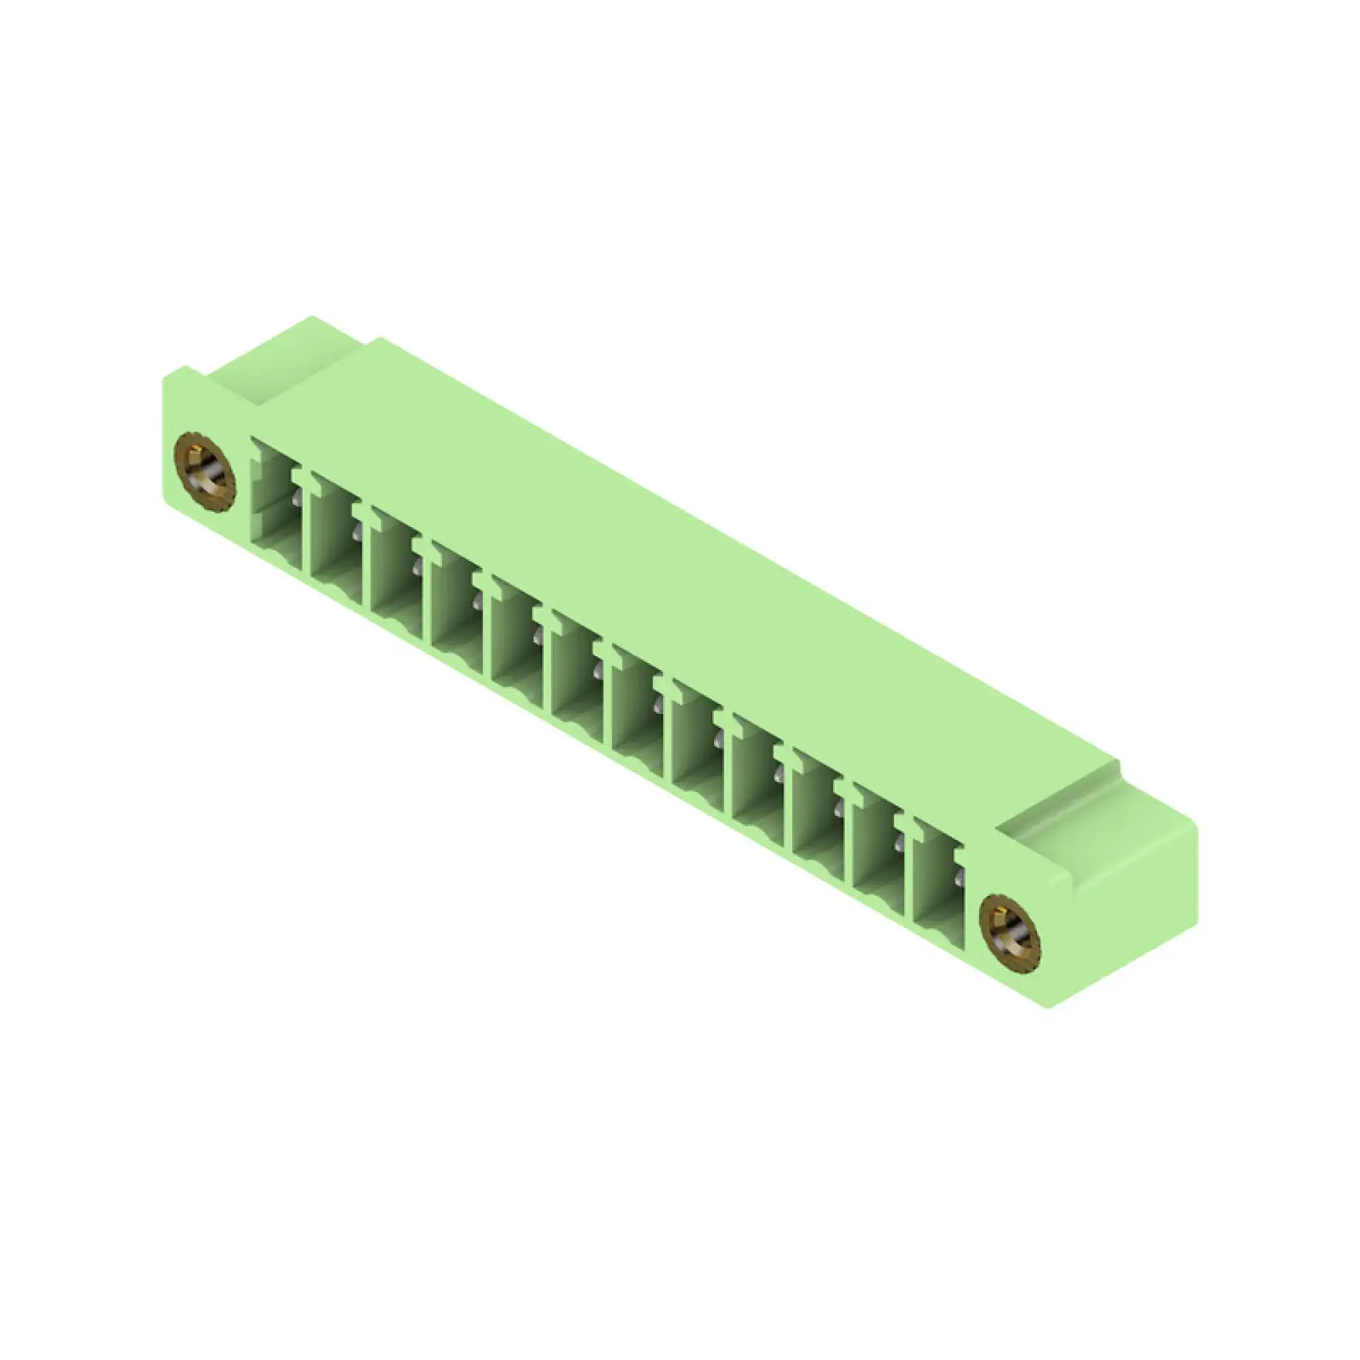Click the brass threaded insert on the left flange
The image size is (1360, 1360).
[204, 472]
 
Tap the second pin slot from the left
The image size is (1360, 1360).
[336, 542]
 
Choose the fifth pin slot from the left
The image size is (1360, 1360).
[517, 645]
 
